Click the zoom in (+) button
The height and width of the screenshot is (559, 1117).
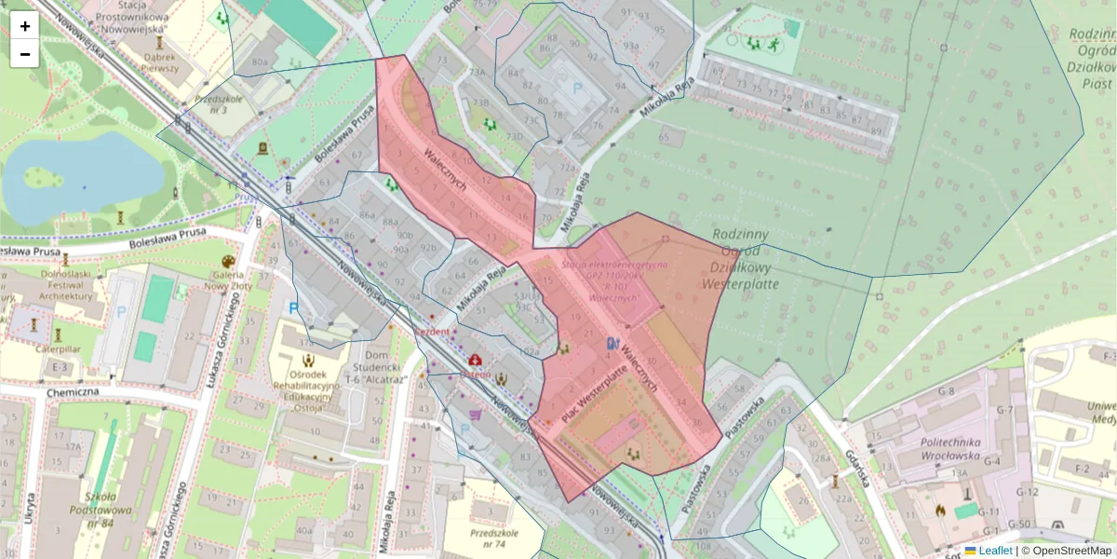tap(25, 26)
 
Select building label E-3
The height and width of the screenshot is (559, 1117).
tap(61, 368)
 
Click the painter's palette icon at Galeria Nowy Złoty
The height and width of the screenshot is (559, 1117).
tap(228, 262)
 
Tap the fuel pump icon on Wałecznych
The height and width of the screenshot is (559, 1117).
tap(612, 343)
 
